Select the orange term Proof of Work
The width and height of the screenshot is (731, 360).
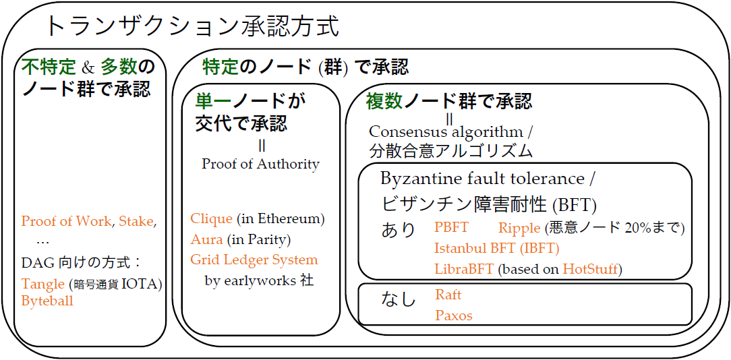point(67,222)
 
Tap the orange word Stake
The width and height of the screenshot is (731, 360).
point(136,222)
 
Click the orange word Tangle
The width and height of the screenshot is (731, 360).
point(42,284)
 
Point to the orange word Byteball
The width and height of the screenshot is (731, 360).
point(47,301)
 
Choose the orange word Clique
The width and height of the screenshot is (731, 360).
point(211,218)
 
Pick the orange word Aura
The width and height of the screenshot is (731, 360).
point(206,239)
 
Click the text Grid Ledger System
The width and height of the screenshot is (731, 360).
point(254,260)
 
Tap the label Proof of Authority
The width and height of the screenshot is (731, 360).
point(260,164)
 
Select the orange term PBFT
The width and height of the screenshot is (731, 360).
point(452,228)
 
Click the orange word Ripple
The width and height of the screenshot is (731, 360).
point(519,228)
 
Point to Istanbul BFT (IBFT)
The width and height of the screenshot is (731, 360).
point(496,248)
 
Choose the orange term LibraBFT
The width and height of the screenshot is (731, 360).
point(464,268)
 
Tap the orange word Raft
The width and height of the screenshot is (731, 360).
point(448,295)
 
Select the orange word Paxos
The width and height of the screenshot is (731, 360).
point(454,316)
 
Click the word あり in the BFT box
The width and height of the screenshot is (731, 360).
point(398,230)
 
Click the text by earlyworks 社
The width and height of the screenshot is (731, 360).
point(259,280)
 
